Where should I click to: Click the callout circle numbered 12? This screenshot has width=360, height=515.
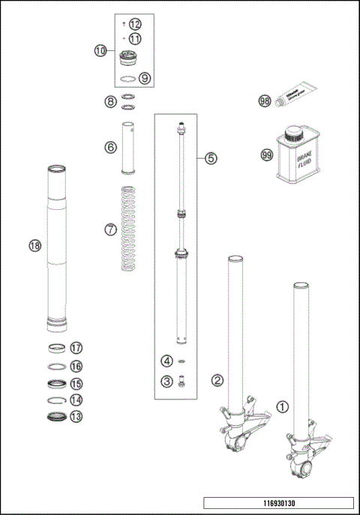tap(135, 25)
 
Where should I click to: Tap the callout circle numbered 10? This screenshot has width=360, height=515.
tap(100, 51)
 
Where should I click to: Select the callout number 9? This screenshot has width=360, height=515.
tap(145, 77)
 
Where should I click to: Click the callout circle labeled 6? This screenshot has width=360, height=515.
tap(110, 148)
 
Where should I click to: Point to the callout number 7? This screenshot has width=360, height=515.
tap(110, 229)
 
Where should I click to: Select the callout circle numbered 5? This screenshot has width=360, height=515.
tap(211, 158)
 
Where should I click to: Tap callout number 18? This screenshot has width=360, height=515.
tap(34, 245)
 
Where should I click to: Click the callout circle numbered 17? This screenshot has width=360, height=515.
tap(76, 348)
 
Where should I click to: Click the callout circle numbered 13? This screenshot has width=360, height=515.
tap(76, 416)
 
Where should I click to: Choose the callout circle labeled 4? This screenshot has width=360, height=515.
tap(166, 361)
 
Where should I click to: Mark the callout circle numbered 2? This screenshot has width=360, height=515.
tap(217, 380)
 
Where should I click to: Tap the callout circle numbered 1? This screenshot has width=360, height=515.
tap(282, 408)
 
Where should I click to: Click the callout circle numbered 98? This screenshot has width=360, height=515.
tap(264, 100)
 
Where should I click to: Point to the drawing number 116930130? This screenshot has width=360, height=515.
tap(277, 504)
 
